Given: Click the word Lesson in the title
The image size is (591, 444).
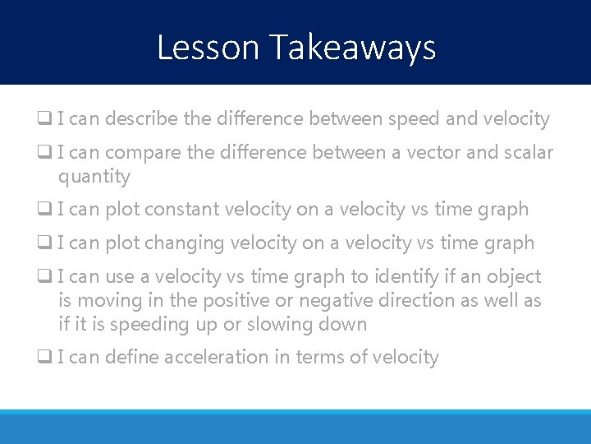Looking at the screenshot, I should (208, 48).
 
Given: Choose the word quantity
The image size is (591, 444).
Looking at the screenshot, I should (94, 178).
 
